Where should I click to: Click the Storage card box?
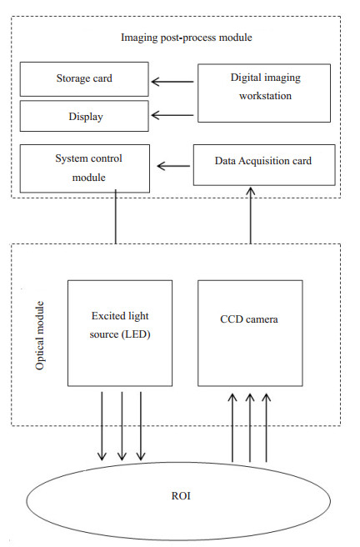84,79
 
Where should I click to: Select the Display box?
84,116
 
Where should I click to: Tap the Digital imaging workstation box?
264,93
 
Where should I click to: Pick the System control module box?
85,168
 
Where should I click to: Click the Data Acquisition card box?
264,165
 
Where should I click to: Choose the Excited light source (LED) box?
120,334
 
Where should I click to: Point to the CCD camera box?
250,334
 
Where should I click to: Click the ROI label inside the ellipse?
181,495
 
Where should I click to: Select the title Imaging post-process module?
187,38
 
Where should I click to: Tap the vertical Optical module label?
40,335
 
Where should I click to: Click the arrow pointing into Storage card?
172,82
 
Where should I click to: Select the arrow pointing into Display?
172,115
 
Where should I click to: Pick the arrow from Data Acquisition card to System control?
173,166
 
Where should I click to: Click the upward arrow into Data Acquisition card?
250,215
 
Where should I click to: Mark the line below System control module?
115,217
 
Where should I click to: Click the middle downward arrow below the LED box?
122,426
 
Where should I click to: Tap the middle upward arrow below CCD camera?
249,428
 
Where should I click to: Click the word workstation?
265,96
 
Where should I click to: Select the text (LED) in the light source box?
136,334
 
